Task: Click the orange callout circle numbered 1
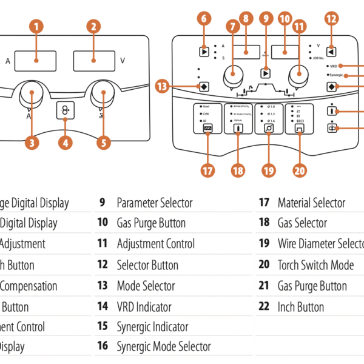coord(37,27)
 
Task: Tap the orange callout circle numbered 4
coord(66,143)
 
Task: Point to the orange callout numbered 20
coord(299,171)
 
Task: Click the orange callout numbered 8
coord(245,18)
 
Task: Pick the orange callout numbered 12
coord(331,18)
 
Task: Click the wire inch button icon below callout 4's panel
coord(66,111)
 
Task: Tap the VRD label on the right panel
coord(334,65)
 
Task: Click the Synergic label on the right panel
coord(337,75)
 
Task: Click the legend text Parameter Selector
coord(154,203)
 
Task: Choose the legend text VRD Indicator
coord(144,307)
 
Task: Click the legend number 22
coord(263,307)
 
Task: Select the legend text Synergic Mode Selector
coord(164,347)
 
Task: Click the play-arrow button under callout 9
coord(265,73)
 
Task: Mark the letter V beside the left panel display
coord(123,61)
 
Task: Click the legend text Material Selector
coord(311,203)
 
